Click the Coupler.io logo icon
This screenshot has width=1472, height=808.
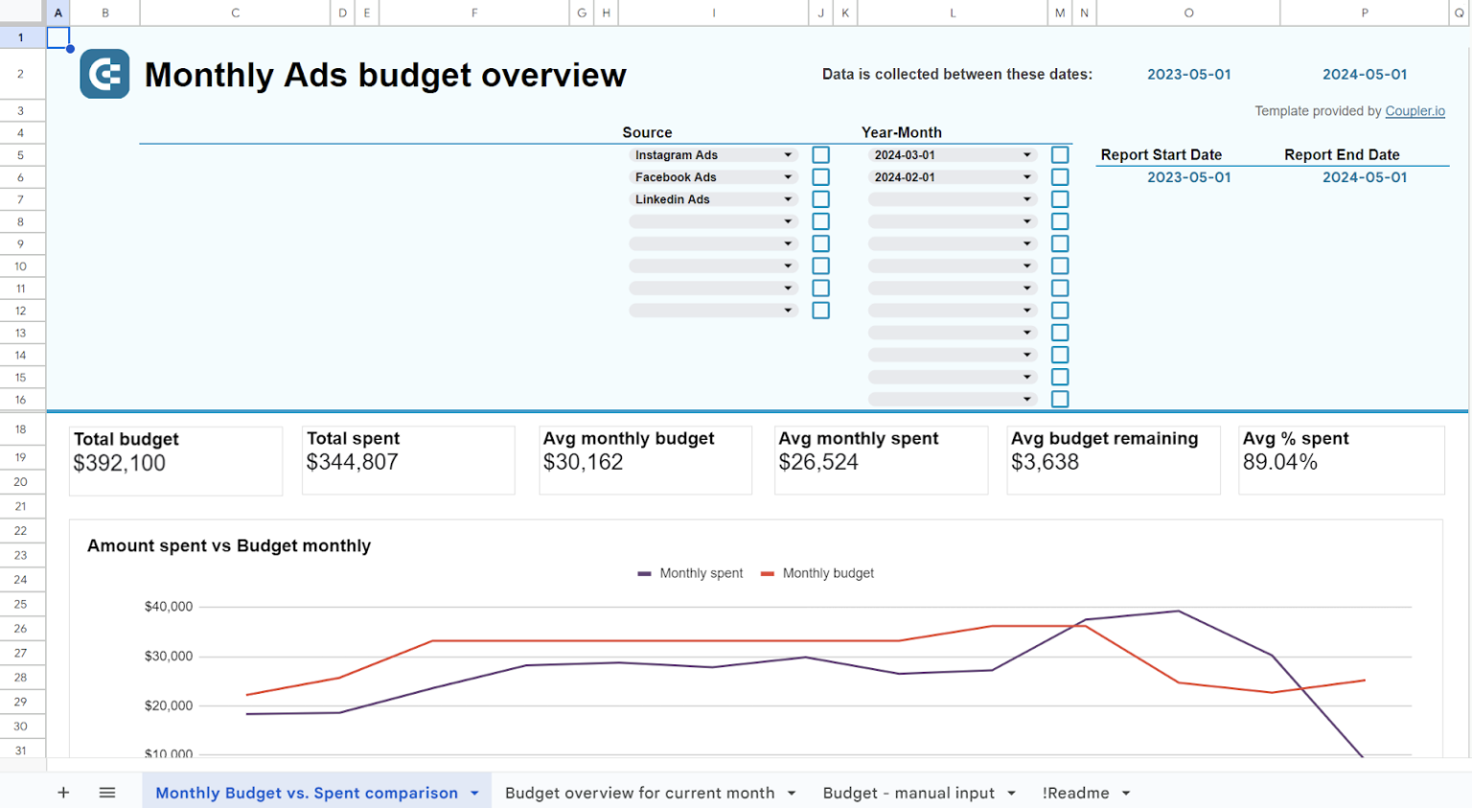coord(104,74)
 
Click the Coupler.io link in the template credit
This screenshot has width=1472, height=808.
coord(1414,111)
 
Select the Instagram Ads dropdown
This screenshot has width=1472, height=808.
coord(713,155)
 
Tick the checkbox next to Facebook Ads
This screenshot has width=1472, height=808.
coord(820,177)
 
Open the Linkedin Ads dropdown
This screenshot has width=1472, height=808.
coord(713,199)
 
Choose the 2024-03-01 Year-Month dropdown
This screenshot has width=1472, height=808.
coord(952,155)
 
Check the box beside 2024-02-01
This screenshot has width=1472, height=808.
coord(1059,177)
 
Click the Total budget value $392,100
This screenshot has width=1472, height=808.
coord(120,463)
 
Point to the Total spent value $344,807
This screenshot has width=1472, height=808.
coord(352,462)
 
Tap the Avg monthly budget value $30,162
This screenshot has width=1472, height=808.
coord(583,462)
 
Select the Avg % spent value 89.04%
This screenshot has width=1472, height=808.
coord(1279,462)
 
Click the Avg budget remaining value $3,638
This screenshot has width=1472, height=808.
coord(1045,462)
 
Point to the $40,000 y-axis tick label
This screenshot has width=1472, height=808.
coord(169,607)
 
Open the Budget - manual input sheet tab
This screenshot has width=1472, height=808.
coord(908,793)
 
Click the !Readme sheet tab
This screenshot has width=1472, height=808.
coord(1075,793)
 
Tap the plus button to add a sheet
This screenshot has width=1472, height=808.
coord(63,793)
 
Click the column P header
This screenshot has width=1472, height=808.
coord(1364,12)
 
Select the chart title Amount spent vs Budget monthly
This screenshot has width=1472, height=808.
coord(229,545)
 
